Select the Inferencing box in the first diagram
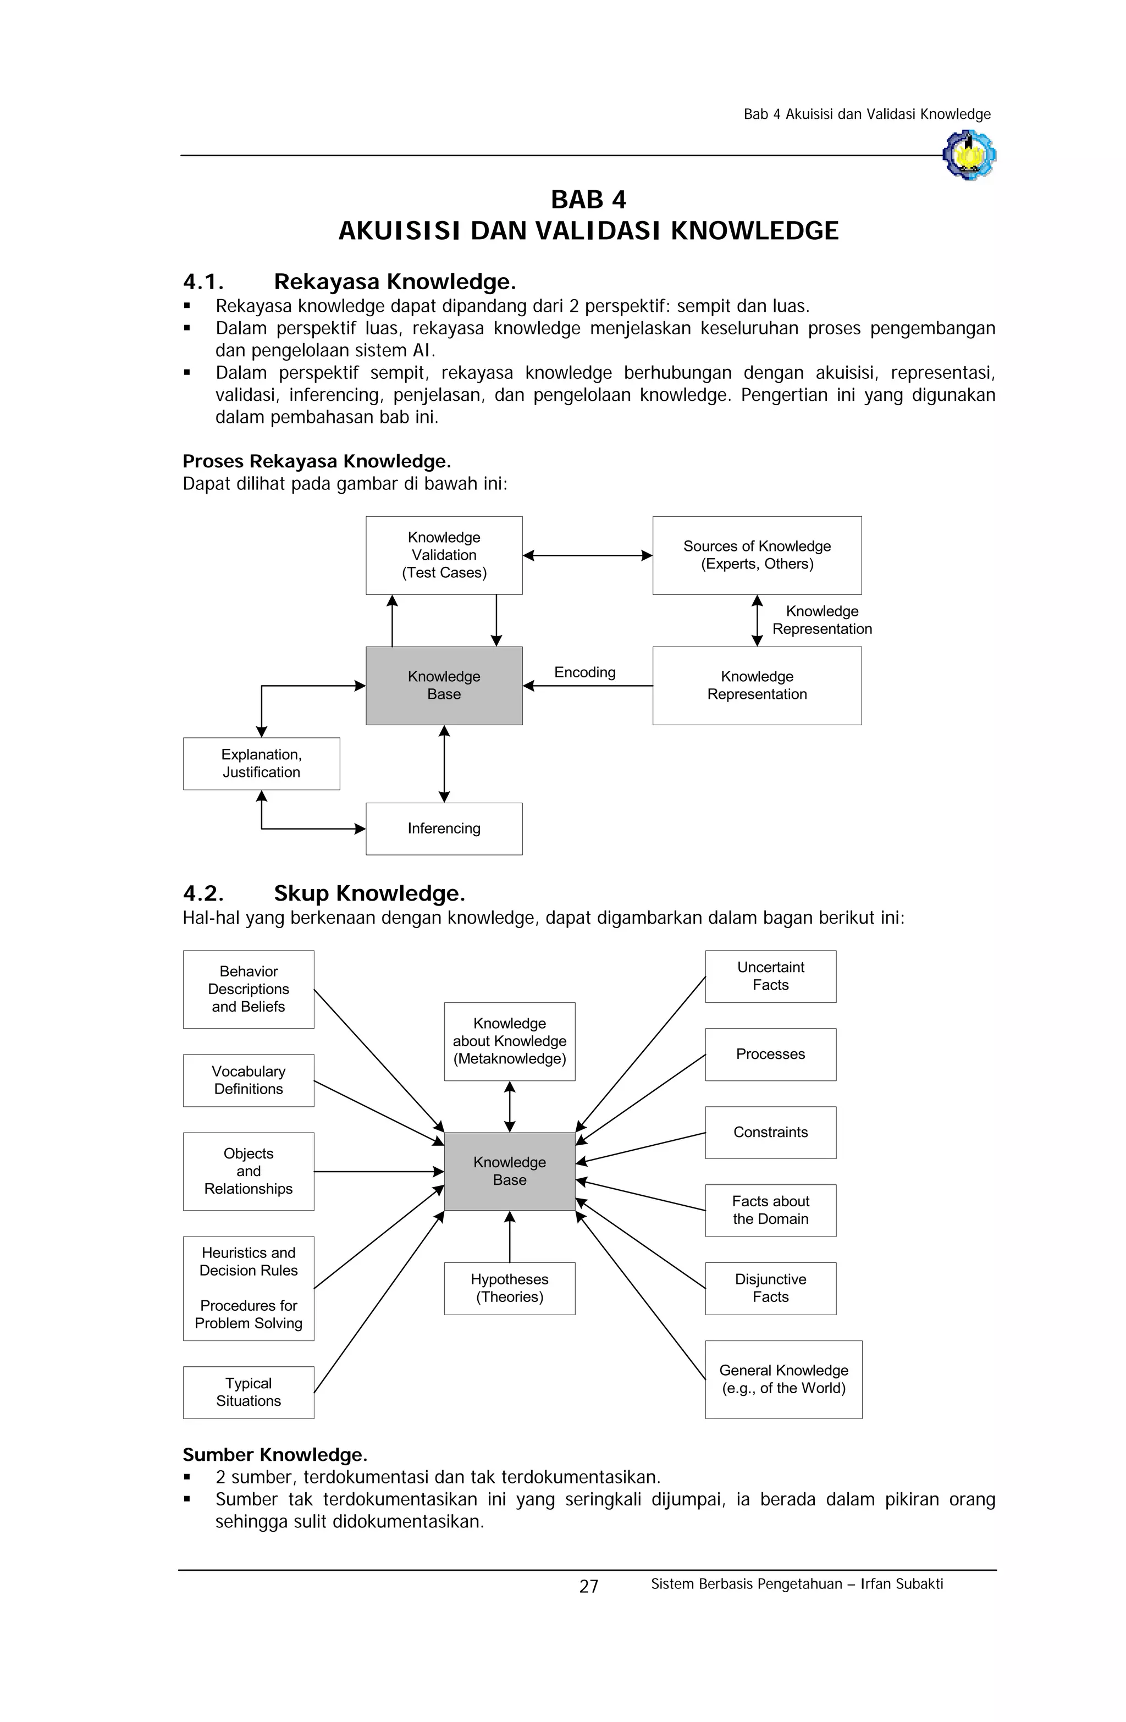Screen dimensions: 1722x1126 coord(444,829)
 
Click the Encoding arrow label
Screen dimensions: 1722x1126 coord(584,672)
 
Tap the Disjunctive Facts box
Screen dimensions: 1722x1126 coord(771,1289)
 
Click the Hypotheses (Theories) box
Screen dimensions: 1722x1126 coord(510,1289)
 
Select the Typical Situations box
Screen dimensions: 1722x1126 coord(248,1392)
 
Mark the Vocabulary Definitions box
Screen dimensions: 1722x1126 coord(248,1080)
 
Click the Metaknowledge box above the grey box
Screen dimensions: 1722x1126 coord(510,1041)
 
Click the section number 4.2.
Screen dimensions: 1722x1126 coord(203,893)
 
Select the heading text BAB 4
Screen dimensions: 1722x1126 coord(588,199)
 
